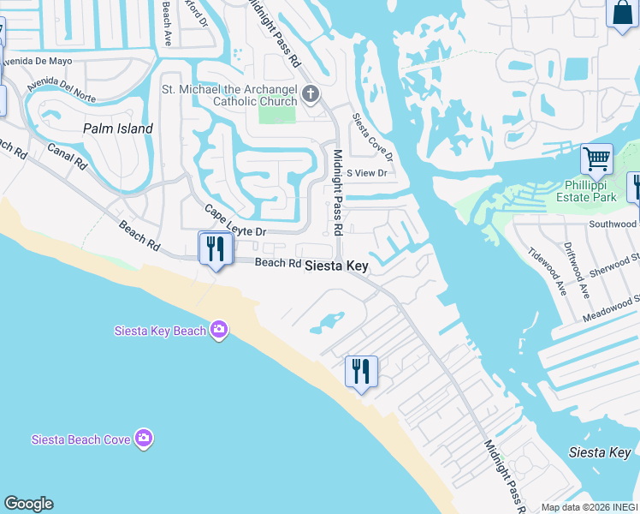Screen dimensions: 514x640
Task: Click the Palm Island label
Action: [118, 128]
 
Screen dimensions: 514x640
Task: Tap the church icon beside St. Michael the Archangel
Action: [310, 93]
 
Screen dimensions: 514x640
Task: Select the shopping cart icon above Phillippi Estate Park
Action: [596, 158]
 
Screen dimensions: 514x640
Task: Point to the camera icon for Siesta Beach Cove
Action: [143, 439]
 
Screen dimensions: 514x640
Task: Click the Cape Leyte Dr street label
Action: [235, 221]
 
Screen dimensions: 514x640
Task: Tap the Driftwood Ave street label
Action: [578, 269]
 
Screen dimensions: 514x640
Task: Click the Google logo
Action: [28, 504]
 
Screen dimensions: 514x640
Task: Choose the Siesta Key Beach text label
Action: [161, 332]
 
